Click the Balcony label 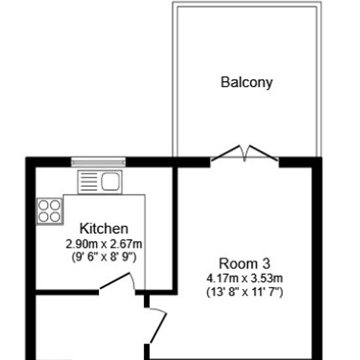[x=247, y=82]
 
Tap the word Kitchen [x=104, y=228]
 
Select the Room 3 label [x=245, y=264]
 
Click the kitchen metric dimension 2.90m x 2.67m [x=104, y=244]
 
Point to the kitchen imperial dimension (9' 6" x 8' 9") [x=104, y=257]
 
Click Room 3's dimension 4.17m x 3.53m [x=245, y=278]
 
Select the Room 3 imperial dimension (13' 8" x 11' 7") [x=245, y=292]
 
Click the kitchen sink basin [x=111, y=181]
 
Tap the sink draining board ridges [x=89, y=181]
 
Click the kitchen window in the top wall [x=98, y=162]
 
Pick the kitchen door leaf [x=114, y=281]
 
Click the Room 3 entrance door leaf [x=158, y=327]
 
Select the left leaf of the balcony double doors [x=226, y=153]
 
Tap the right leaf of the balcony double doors [x=263, y=153]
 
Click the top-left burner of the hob [x=43, y=206]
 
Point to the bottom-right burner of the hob [x=55, y=217]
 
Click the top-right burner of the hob [x=55, y=206]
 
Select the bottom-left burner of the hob [x=43, y=217]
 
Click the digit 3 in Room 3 [x=266, y=264]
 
